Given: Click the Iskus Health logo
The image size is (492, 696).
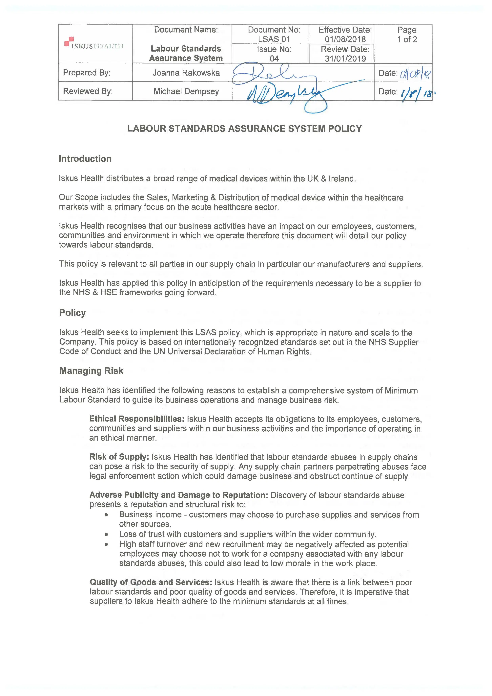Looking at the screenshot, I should pyautogui.click(x=94, y=43).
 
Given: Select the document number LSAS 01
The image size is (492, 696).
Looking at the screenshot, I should pyautogui.click(x=274, y=39).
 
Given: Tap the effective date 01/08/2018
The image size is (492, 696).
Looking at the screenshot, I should pyautogui.click(x=345, y=39).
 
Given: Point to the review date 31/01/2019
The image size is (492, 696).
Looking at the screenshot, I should pyautogui.click(x=345, y=59).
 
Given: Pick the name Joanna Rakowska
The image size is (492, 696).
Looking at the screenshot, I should pyautogui.click(x=186, y=73).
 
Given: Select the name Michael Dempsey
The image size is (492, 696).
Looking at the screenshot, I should pyautogui.click(x=186, y=91).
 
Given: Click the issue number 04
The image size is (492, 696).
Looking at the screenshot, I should pyautogui.click(x=274, y=59).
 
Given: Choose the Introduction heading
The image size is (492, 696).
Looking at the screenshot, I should pyautogui.click(x=85, y=159).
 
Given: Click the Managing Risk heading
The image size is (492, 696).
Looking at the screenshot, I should pyautogui.click(x=91, y=371).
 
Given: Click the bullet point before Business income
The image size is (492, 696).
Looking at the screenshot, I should pyautogui.click(x=106, y=515).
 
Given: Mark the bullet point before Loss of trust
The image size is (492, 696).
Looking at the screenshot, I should pyautogui.click(x=106, y=534).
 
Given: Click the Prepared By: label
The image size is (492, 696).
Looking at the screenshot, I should pyautogui.click(x=87, y=73).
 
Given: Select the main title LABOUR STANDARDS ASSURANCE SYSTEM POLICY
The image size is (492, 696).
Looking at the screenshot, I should pyautogui.click(x=244, y=129).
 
